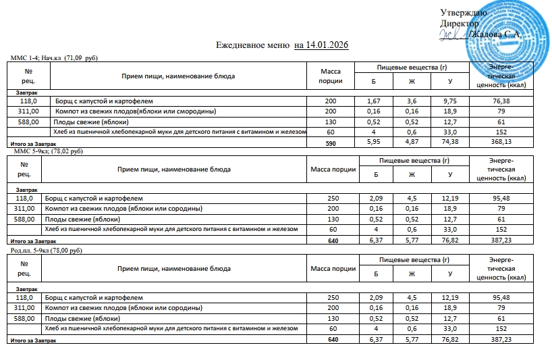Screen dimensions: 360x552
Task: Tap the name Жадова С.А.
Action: (x=499, y=34)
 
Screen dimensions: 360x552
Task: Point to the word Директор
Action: (x=458, y=24)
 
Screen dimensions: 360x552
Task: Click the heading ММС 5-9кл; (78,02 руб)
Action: (x=48, y=152)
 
